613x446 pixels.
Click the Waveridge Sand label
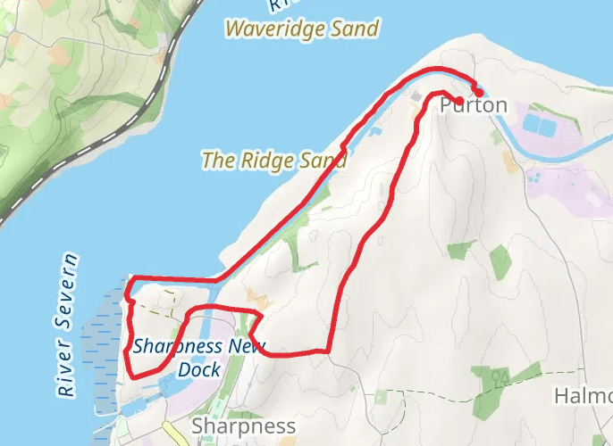pos(302,29)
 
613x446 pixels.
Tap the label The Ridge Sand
pos(273,161)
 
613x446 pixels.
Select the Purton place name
pos(474,106)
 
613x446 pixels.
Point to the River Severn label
pos(66,326)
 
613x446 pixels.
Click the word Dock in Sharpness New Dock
pos(198,369)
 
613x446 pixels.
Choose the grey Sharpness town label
pos(243,425)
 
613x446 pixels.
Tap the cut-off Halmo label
pos(584,395)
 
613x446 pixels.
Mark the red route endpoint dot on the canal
pos(479,92)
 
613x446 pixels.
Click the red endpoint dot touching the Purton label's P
pos(458,100)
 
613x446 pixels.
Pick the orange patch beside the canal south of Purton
pos(509,162)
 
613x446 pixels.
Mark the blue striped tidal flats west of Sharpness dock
pos(98,348)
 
